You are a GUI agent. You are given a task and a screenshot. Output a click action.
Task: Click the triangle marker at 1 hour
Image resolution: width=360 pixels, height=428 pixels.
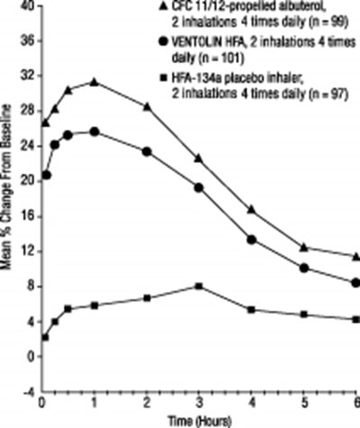point(94,82)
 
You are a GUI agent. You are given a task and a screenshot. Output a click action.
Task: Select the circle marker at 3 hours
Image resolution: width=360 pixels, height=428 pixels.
point(199,187)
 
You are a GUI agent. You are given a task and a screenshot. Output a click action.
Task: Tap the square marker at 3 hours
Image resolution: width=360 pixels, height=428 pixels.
point(199,286)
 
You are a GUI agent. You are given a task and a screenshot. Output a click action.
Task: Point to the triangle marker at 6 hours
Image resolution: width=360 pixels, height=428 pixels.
point(356,257)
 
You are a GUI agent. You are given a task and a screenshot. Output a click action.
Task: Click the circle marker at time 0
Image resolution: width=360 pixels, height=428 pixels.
point(46,175)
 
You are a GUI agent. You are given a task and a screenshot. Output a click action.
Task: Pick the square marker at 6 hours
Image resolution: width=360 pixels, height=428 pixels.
point(356,319)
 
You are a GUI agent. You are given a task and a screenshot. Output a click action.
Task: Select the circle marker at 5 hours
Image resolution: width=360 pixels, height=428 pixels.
point(304,268)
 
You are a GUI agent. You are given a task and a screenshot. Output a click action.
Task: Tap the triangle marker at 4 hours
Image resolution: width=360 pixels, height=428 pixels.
point(252,209)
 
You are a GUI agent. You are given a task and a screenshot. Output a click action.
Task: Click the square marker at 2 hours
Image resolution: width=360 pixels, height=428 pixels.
point(147,297)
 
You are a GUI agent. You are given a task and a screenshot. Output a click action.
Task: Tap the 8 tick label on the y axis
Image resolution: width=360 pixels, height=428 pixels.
point(31,287)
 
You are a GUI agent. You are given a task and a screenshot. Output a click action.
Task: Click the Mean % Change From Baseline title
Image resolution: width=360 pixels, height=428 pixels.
point(9,207)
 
